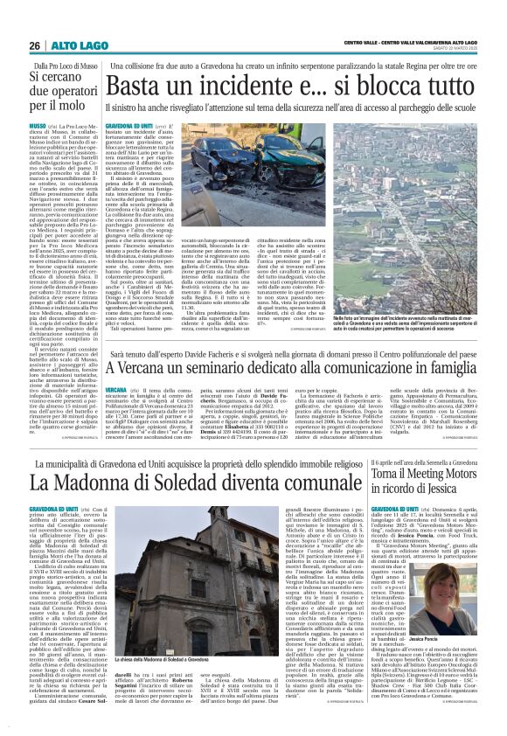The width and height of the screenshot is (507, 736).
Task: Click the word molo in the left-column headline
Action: (73, 104)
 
